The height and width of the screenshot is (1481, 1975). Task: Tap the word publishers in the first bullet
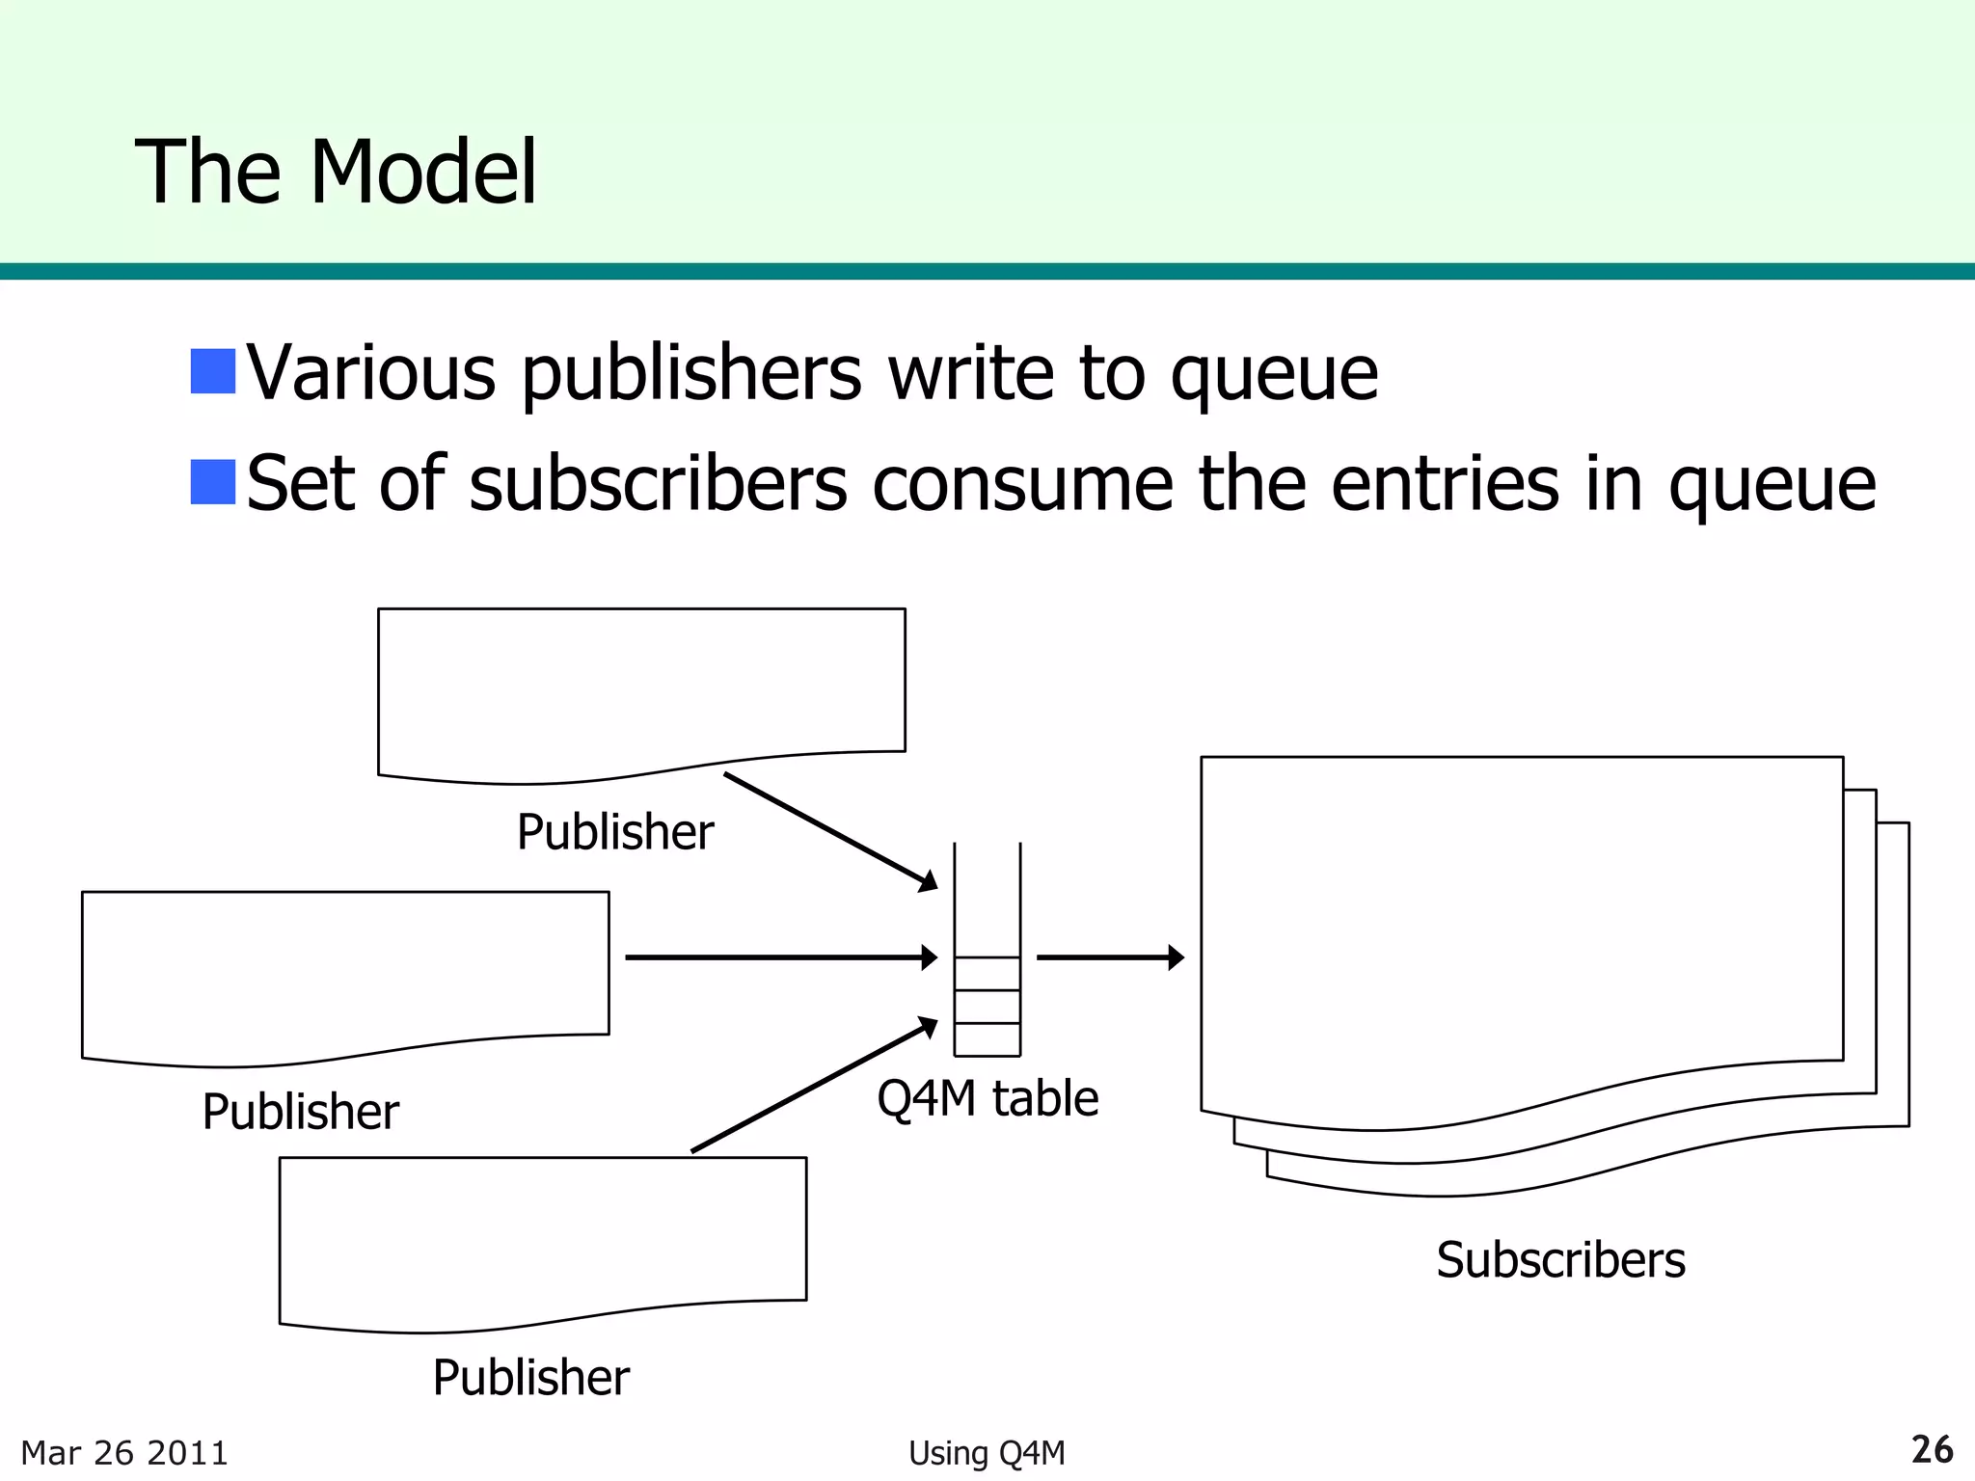691,374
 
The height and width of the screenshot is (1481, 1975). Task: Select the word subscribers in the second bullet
658,484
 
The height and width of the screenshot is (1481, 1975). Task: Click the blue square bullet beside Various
213,371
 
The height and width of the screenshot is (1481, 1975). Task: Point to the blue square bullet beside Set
213,482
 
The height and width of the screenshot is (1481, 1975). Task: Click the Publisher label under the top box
615,832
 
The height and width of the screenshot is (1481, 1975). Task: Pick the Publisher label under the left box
300,1112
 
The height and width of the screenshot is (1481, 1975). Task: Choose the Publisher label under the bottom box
530,1377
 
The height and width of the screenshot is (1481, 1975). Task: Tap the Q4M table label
987,1098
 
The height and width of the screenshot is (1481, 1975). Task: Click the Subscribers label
1560,1260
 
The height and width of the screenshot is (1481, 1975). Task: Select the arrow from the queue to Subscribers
1109,957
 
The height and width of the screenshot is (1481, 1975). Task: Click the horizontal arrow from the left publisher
780,957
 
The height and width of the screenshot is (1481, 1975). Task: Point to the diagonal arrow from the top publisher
829,830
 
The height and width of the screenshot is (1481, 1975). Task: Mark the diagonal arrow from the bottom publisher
814,1085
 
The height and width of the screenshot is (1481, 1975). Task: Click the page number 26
1932,1450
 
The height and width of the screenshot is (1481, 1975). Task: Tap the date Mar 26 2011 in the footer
124,1453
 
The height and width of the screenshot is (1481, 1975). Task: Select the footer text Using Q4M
987,1453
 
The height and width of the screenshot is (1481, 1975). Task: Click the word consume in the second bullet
1022,484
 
